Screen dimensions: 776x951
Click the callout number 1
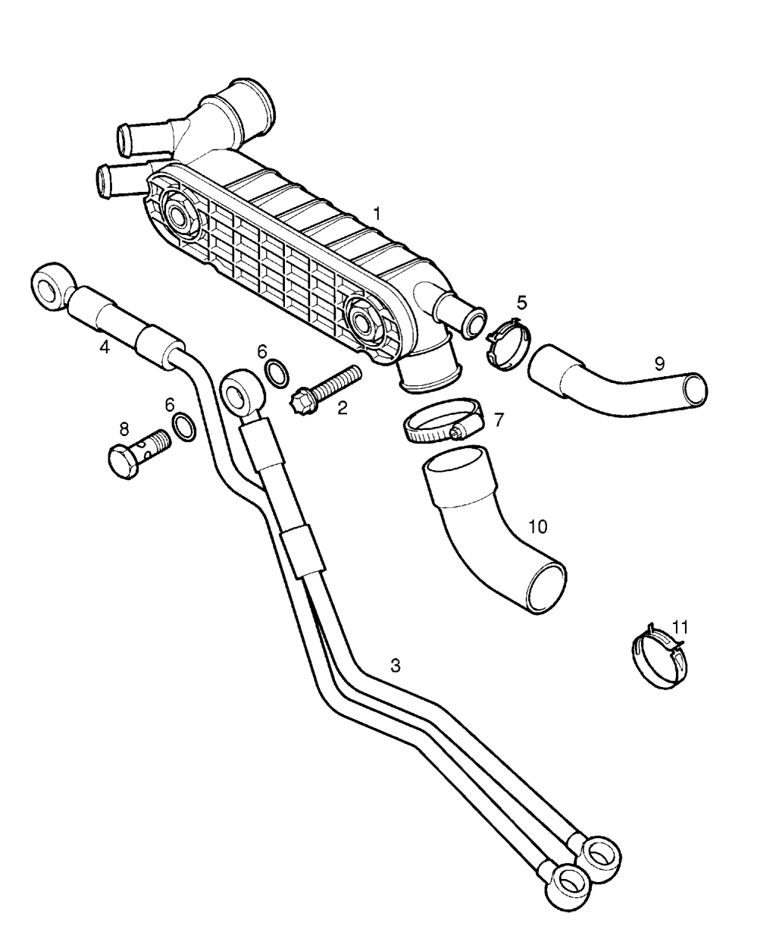377,214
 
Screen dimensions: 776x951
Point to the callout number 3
396,666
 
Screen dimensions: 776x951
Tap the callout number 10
537,526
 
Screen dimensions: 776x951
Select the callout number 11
680,626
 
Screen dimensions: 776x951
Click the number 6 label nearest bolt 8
170,405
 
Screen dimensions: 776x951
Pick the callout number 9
659,363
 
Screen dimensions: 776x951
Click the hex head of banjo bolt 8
123,461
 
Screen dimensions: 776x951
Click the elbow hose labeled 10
491,532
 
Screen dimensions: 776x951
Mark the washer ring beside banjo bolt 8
184,426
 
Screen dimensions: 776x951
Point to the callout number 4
104,347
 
